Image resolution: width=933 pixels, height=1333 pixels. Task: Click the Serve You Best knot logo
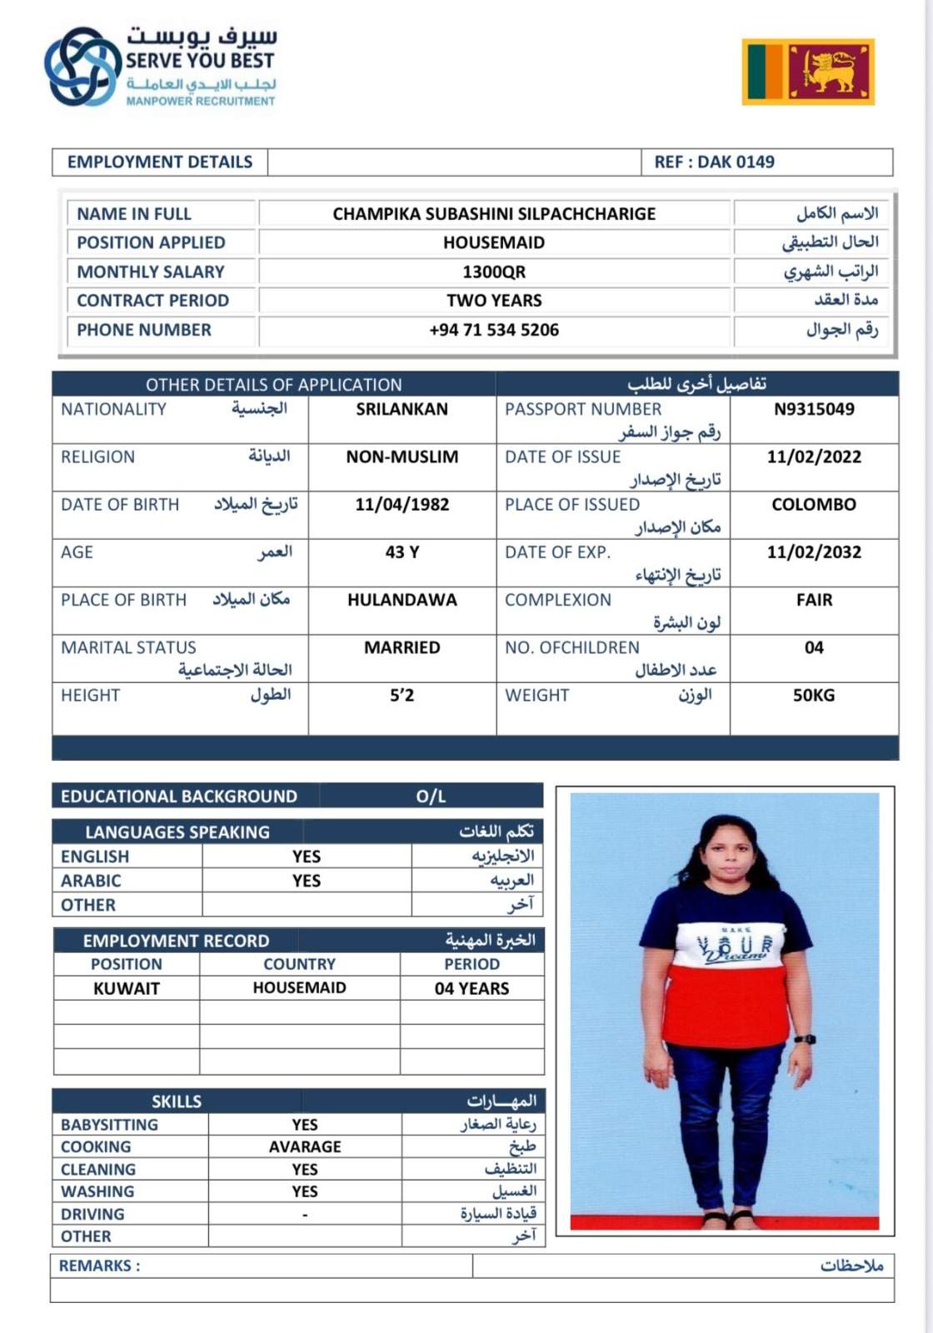tap(82, 67)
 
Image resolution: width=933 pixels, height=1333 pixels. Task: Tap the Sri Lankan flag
tap(807, 72)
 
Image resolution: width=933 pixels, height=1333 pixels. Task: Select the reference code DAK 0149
tap(714, 162)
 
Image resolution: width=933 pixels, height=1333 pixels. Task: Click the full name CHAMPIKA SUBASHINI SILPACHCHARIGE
tap(494, 214)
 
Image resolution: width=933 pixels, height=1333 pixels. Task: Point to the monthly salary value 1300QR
tap(494, 272)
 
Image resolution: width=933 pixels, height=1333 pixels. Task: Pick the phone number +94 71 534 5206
tap(494, 330)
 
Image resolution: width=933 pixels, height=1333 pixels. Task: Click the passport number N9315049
tap(814, 409)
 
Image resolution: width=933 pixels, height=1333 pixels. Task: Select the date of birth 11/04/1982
tap(402, 504)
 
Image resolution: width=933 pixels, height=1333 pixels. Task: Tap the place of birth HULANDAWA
tap(402, 600)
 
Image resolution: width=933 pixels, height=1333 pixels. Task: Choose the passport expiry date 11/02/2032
tap(814, 552)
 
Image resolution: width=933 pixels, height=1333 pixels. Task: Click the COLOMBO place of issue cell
tap(814, 504)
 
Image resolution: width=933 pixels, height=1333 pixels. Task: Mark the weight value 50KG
tap(814, 695)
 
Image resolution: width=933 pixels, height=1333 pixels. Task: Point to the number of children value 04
tap(814, 647)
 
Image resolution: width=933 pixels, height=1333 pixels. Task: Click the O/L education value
tap(431, 796)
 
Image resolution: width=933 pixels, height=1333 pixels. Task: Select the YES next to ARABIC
tap(306, 881)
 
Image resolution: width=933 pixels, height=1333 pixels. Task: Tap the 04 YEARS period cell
tap(471, 988)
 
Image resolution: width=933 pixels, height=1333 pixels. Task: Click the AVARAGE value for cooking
tap(305, 1146)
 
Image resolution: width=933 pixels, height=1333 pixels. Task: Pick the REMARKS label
tap(99, 1266)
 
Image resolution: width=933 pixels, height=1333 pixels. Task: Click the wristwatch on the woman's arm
tap(805, 1039)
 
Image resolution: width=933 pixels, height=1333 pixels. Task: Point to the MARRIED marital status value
tap(402, 647)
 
